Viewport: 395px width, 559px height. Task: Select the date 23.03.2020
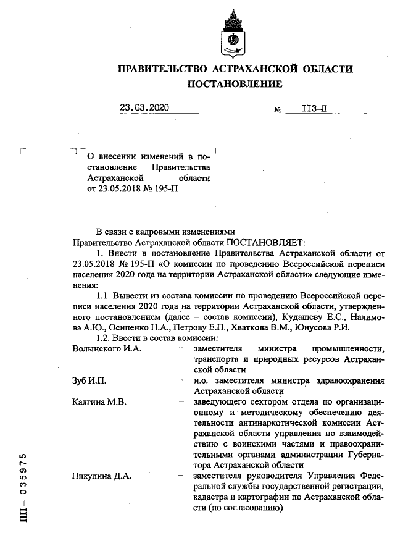click(x=144, y=107)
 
